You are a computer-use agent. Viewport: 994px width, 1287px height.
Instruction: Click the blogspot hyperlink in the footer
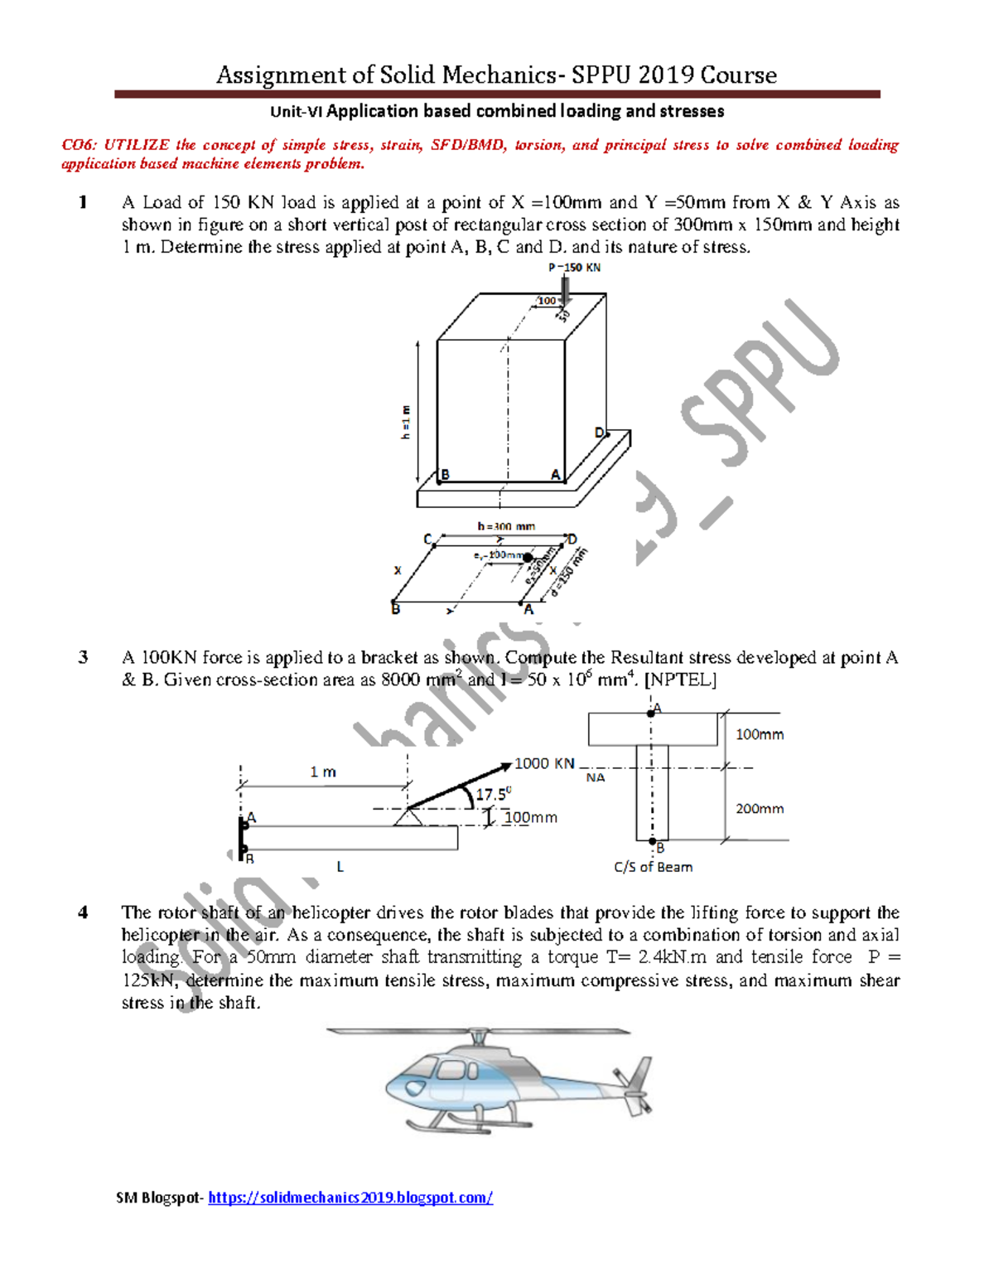350,1197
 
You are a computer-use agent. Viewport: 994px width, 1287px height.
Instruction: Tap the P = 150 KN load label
574,268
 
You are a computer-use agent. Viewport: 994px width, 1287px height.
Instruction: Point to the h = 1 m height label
405,422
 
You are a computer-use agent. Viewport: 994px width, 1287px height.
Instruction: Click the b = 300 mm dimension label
506,526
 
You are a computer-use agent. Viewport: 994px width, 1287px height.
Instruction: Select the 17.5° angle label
493,794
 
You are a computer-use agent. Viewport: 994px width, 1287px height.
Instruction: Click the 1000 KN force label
544,763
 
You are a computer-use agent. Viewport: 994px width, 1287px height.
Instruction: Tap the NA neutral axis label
596,777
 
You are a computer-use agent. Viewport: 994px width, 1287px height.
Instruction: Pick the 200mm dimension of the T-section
760,808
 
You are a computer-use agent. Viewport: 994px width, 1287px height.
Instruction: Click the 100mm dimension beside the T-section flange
760,734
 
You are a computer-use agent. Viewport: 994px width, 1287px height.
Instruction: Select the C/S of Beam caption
653,867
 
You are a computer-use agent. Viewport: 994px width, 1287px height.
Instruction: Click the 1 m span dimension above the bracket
323,772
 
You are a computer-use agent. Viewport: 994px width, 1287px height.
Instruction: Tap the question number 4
83,912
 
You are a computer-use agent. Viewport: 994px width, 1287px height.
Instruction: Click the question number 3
83,657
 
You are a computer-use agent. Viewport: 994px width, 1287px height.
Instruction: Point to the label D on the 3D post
600,433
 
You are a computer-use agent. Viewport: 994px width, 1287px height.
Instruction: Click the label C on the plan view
428,539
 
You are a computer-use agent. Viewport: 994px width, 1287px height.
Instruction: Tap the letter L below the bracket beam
340,867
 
